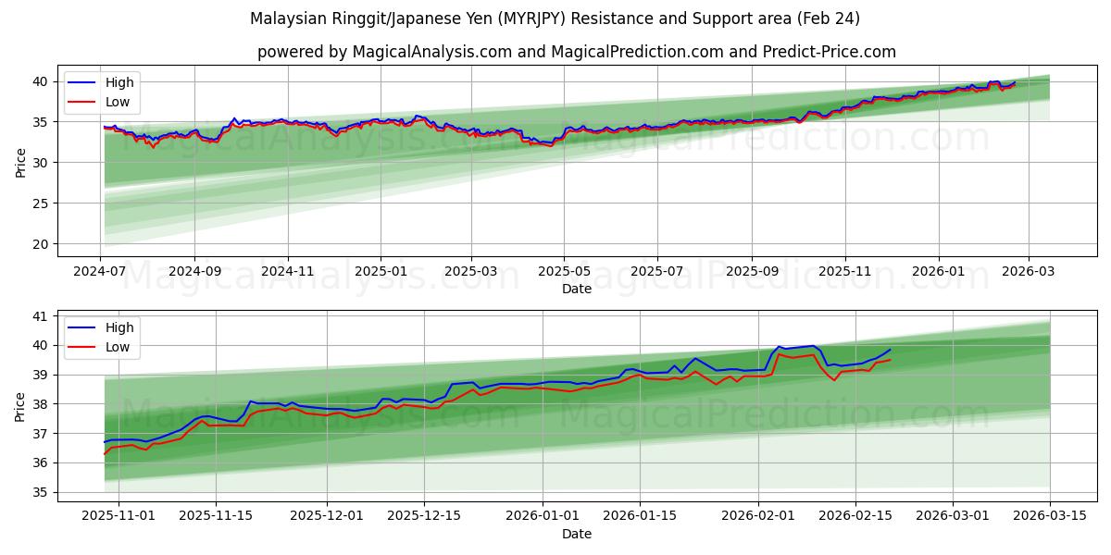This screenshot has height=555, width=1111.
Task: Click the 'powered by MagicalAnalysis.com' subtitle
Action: (x=576, y=52)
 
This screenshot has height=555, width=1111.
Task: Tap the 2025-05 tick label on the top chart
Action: (x=565, y=273)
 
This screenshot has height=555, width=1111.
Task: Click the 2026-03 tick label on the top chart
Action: (x=1032, y=273)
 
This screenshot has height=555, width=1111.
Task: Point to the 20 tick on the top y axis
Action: (x=42, y=244)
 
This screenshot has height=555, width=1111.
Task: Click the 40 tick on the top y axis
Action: (x=42, y=81)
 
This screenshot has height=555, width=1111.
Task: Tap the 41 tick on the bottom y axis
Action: (x=42, y=316)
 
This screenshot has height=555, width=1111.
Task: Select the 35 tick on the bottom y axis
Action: (x=42, y=492)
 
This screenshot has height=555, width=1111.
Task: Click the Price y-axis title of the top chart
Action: (x=20, y=162)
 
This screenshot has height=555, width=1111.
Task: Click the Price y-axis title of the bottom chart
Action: (x=20, y=406)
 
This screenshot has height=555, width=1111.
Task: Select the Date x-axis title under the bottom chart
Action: (x=576, y=534)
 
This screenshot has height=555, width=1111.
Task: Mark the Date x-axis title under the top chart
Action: (x=576, y=289)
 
